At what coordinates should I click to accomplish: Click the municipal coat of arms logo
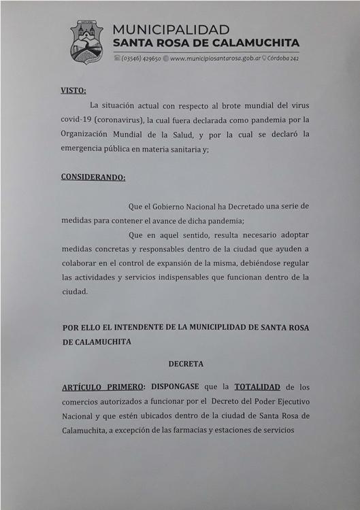86,41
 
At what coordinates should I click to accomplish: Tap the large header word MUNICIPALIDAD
171,30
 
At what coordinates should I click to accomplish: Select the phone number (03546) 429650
141,59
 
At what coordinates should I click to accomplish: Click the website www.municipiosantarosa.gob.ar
214,59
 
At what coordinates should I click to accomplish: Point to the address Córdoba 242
284,59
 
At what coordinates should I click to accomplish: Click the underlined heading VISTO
73,89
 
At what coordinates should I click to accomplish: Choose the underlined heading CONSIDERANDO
93,177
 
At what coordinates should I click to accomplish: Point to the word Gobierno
182,206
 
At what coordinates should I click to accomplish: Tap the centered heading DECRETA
186,364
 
